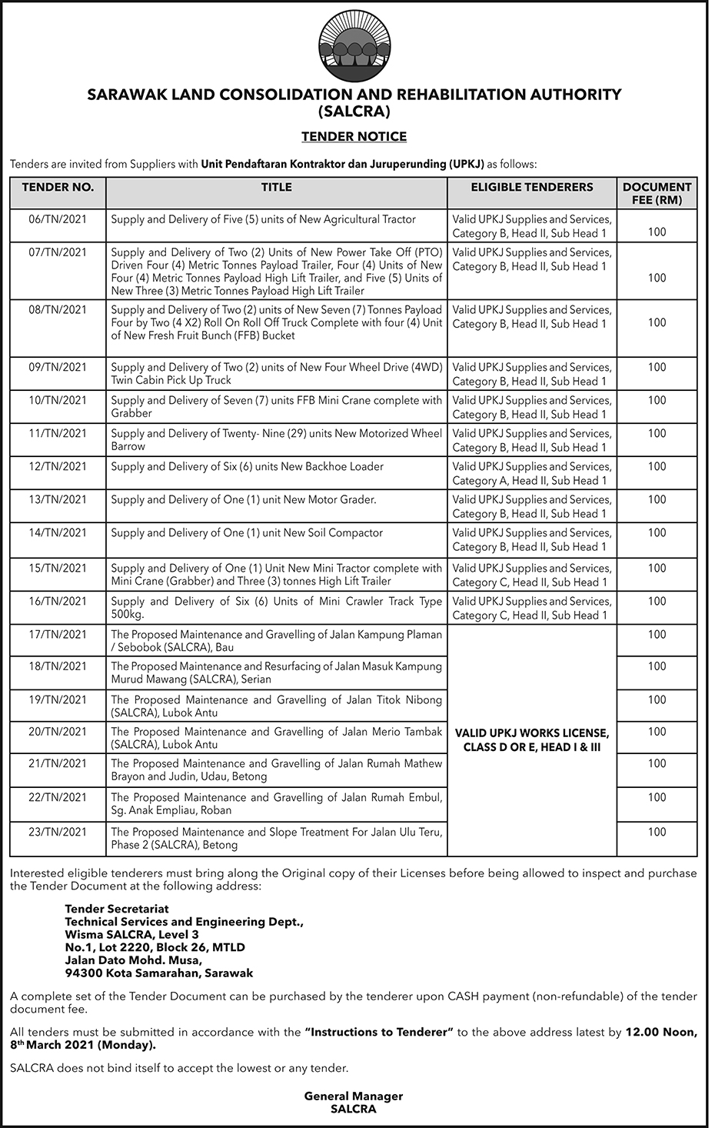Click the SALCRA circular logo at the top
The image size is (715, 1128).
coord(354,48)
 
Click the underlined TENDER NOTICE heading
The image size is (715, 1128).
coord(354,137)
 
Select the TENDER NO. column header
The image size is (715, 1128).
coord(58,187)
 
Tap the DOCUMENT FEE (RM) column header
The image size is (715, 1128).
coord(657,193)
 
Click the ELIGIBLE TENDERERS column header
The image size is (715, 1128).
coord(531,187)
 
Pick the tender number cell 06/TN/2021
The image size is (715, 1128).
coord(58,219)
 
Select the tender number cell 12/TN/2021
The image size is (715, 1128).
coord(58,466)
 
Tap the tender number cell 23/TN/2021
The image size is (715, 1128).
coord(58,832)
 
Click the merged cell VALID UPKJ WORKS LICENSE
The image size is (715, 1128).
coord(531,739)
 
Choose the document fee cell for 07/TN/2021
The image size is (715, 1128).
coord(657,278)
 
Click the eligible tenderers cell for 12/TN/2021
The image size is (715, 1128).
coord(531,473)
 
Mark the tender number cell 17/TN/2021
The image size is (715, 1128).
coord(58,634)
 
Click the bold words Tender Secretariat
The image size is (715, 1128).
coord(116,909)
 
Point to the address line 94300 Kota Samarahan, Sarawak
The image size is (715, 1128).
coord(158,973)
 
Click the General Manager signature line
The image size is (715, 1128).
coord(354,1096)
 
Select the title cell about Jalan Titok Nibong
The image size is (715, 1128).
coord(276,706)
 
